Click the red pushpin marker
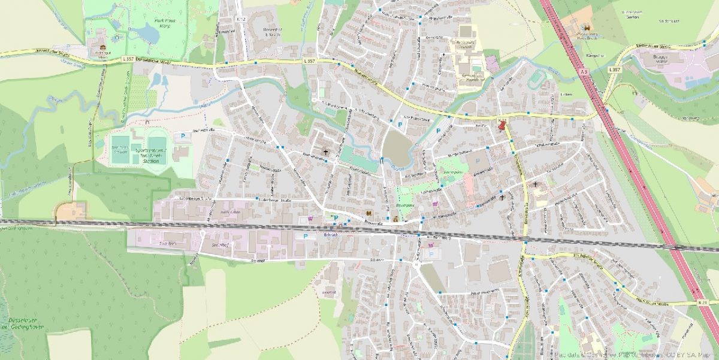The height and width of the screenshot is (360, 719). click(502, 125)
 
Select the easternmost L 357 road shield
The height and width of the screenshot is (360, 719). click(614, 70)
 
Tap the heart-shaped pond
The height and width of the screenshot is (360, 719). click(395, 146)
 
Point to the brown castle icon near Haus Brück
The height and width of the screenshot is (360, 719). click(586, 28)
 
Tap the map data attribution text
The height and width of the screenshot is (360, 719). click(635, 355)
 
